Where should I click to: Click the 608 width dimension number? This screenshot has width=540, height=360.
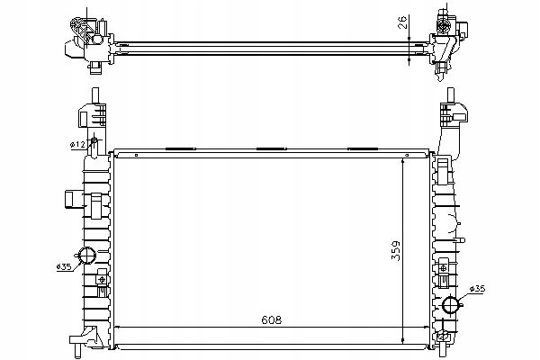(272, 319)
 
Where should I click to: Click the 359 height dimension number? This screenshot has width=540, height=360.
(396, 251)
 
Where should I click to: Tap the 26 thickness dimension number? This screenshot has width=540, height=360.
(402, 22)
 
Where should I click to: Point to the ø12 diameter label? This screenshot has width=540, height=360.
(77, 146)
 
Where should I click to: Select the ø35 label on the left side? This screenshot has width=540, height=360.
(64, 266)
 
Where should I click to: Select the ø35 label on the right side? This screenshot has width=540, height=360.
(477, 289)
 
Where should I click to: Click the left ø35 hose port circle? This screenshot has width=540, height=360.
(86, 256)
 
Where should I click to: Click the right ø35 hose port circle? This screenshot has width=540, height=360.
(451, 304)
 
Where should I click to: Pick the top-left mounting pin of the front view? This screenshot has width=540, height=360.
(95, 95)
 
